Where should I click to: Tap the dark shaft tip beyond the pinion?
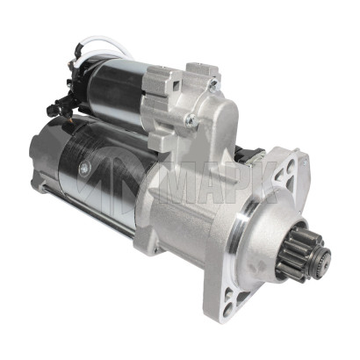(x=323, y=257)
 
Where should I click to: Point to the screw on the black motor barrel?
(x=83, y=166)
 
